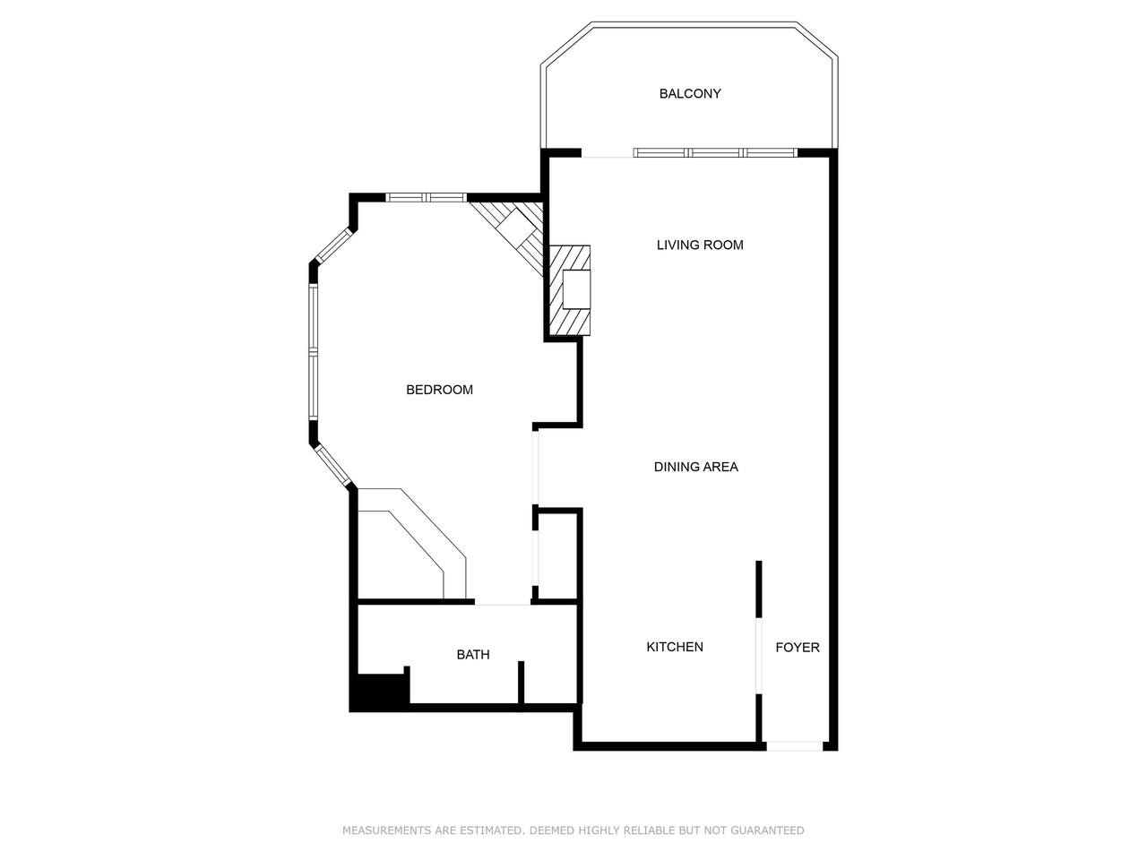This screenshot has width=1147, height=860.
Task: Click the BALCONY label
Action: pyautogui.click(x=690, y=93)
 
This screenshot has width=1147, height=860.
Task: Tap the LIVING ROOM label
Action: pyautogui.click(x=700, y=245)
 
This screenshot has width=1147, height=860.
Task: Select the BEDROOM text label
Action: pyautogui.click(x=439, y=390)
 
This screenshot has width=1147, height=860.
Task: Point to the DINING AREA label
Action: pyautogui.click(x=696, y=467)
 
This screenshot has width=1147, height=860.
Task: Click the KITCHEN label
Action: pyautogui.click(x=675, y=647)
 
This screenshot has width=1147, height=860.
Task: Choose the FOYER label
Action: pyautogui.click(x=798, y=648)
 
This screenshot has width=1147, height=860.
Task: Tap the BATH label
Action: pyautogui.click(x=473, y=654)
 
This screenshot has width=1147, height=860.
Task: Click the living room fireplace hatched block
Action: pyautogui.click(x=570, y=290)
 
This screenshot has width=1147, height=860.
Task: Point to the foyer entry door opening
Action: pyautogui.click(x=794, y=746)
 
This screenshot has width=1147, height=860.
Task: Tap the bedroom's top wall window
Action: pyautogui.click(x=426, y=197)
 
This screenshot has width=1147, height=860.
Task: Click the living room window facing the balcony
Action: pyautogui.click(x=715, y=152)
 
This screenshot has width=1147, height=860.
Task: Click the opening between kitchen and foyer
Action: pyautogui.click(x=759, y=657)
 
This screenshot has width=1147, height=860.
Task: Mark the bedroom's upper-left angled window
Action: pyautogui.click(x=333, y=245)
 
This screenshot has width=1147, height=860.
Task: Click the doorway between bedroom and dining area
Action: pyautogui.click(x=535, y=468)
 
